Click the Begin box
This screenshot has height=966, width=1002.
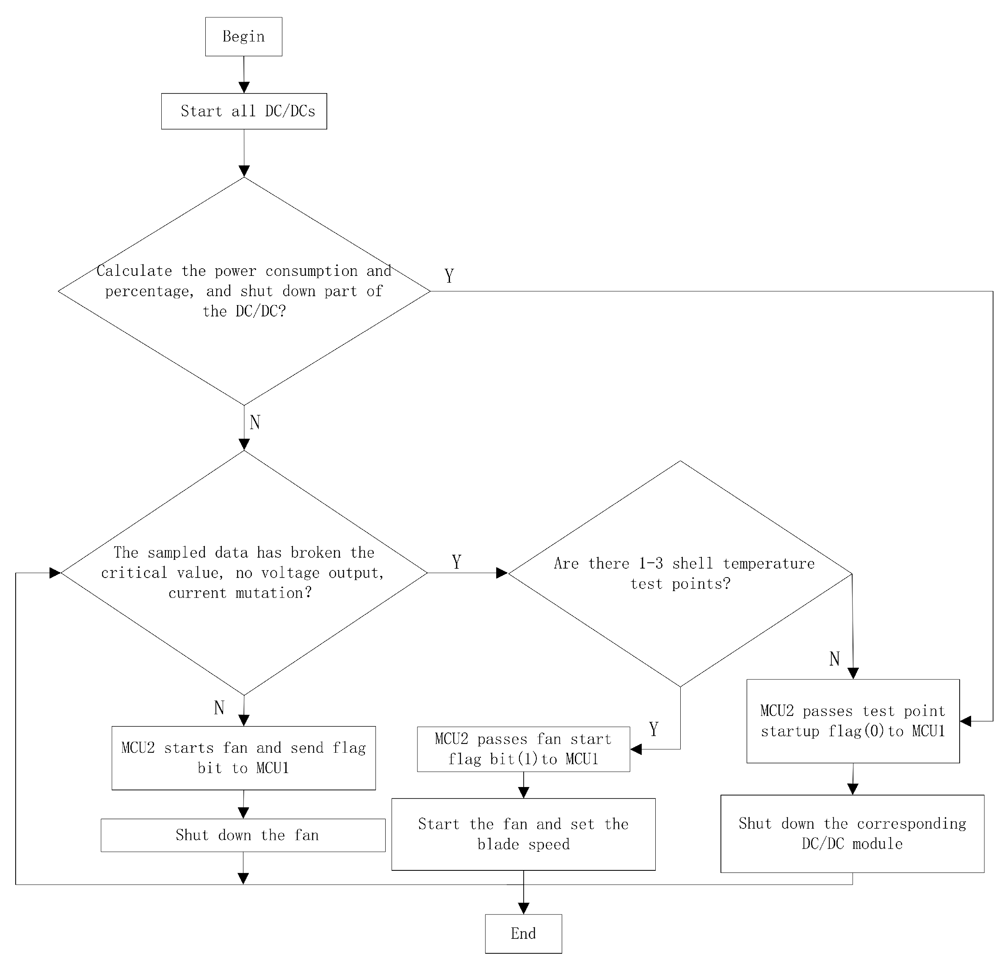243,37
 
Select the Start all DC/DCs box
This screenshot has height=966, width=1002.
244,111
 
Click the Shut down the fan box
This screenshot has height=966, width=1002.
243,835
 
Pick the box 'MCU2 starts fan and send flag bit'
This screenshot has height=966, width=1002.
243,758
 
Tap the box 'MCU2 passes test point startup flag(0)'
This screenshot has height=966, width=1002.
852,721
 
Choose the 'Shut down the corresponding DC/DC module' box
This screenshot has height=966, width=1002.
852,834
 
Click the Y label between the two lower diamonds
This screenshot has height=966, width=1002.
456,562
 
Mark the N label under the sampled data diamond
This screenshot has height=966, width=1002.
219,708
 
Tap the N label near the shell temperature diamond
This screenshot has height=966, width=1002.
834,659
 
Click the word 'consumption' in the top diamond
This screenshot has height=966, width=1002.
311,271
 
